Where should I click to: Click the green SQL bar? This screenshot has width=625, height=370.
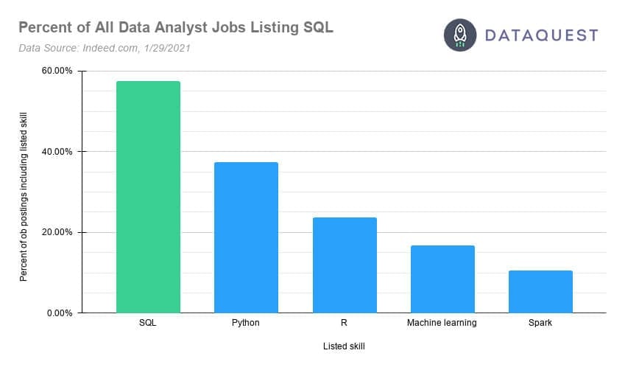pos(148,197)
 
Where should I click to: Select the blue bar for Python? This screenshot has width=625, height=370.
pos(246,237)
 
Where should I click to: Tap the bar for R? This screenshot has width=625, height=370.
pos(344,265)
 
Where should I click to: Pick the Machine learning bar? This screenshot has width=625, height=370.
pos(442,279)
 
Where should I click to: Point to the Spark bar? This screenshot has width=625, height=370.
pos(540,291)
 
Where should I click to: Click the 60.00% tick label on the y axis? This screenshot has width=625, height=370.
pos(57,71)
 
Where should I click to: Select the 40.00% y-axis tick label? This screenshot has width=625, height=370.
pos(57,152)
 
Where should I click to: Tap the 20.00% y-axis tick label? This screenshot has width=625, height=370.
pos(57,232)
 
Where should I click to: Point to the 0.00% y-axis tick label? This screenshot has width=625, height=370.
pos(59,313)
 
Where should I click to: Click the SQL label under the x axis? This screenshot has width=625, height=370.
pos(148,323)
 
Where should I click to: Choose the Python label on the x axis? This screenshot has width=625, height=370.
pos(246,323)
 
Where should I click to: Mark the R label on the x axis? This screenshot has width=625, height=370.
pos(344,323)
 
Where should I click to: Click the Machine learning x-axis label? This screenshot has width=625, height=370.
pos(442,323)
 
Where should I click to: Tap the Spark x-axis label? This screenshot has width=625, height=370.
pos(540,323)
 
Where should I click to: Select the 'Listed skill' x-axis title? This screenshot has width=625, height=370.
pos(344,346)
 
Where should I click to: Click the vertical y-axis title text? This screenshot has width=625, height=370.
pos(24,192)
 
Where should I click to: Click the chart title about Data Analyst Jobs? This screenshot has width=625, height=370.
pos(175,28)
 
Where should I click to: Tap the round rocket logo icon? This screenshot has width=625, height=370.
pos(460,35)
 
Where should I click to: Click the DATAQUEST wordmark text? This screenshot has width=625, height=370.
pos(540,35)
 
